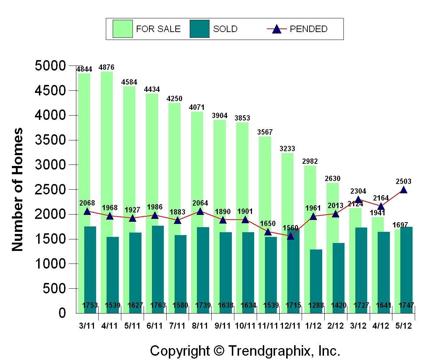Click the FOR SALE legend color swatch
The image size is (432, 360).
coord(122,29)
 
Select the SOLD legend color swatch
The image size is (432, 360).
coord(199,29)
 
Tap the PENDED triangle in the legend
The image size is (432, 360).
coord(276,29)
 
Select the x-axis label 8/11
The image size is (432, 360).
coord(200,325)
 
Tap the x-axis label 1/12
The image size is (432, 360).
coord(313,325)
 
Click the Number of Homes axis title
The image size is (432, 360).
coord(17,190)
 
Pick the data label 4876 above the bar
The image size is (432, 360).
coord(107,67)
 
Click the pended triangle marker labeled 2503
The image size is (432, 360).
coord(404,190)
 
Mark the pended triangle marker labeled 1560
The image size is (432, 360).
coord(291,236)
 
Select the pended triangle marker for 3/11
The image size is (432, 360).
coord(87,211)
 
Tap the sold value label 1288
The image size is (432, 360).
coord(316,306)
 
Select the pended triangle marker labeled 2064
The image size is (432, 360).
coord(200,211)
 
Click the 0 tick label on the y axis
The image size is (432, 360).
coord(62,313)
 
